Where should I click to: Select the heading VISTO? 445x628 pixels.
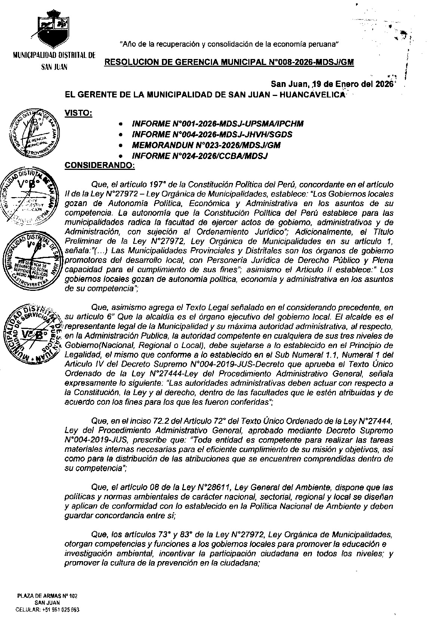pos(79,112)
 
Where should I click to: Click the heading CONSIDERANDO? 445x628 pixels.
pos(100,165)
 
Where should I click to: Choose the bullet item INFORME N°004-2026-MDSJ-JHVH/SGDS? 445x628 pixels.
pos(212,134)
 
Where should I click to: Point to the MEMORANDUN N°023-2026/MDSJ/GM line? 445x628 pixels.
pos(206,145)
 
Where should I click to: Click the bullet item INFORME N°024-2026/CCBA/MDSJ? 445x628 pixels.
pos(200,156)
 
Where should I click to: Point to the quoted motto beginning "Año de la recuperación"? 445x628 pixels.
pos(229,44)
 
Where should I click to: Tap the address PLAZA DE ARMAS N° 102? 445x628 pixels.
pos(47,596)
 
